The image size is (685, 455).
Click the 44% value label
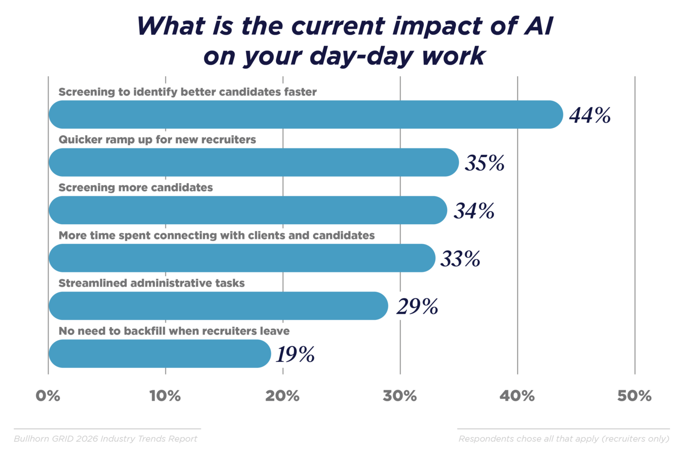(590, 115)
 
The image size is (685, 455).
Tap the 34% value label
(474, 211)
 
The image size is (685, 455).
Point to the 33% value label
(460, 259)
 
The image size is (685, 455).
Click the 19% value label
(295, 354)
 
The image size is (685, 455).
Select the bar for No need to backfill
(159, 354)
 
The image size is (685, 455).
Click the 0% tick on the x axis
(48, 396)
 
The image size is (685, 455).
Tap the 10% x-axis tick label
(165, 396)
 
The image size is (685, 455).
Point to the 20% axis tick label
(283, 396)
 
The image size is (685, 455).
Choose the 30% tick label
(400, 396)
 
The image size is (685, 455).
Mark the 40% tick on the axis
(517, 396)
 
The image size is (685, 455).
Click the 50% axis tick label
(634, 396)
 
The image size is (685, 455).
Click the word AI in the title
(539, 26)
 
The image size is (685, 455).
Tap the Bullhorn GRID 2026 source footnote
(106, 439)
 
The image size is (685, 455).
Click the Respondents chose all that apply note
(564, 439)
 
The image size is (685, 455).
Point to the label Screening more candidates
(136, 188)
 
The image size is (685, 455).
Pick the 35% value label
(484, 163)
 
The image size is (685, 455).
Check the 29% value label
(417, 307)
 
